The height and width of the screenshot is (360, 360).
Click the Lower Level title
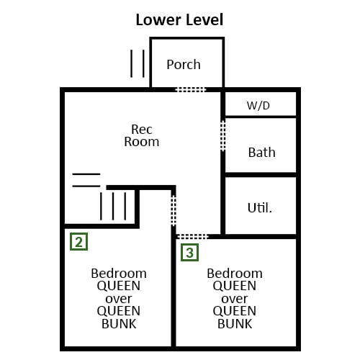(x=179, y=19)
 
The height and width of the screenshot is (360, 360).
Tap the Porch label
(x=184, y=65)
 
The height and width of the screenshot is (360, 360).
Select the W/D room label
(x=258, y=106)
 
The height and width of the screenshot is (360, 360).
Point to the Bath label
(x=261, y=153)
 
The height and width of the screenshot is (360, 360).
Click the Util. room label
(x=260, y=208)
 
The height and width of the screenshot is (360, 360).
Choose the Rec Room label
(x=142, y=135)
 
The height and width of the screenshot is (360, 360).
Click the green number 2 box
(x=78, y=241)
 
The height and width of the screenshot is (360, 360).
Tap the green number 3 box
(x=189, y=252)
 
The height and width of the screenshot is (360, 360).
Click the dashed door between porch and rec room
(x=191, y=90)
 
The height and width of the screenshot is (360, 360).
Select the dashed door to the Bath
(x=222, y=136)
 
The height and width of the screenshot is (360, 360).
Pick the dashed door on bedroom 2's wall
(x=174, y=211)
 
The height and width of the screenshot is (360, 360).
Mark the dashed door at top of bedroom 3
(x=192, y=237)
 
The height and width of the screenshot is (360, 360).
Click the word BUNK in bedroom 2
(x=119, y=324)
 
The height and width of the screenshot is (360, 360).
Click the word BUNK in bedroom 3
(x=235, y=324)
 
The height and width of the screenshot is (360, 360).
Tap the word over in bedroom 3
(x=235, y=299)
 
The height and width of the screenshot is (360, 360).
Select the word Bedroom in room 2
(x=119, y=274)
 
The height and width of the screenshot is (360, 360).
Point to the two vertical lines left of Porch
(x=138, y=63)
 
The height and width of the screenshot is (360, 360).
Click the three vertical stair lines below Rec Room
(x=113, y=206)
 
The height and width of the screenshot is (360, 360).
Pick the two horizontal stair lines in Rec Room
(x=86, y=180)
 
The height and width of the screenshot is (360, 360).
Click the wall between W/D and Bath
(x=261, y=117)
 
